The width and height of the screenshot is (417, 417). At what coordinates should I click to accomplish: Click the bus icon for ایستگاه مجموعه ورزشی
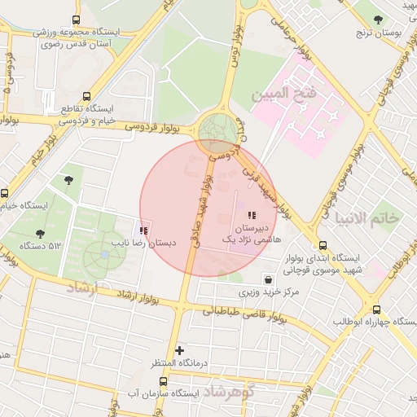pyautogui.click(x=76, y=20)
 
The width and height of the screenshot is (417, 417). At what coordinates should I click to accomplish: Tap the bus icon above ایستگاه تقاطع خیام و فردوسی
pyautogui.click(x=76, y=95)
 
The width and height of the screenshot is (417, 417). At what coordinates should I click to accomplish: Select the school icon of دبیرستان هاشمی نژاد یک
pyautogui.click(x=251, y=216)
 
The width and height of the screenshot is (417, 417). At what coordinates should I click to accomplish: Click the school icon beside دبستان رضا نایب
pyautogui.click(x=144, y=231)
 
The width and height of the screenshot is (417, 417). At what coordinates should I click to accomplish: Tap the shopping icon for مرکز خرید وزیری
pyautogui.click(x=268, y=279)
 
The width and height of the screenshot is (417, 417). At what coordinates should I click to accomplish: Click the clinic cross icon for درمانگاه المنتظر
pyautogui.click(x=180, y=350)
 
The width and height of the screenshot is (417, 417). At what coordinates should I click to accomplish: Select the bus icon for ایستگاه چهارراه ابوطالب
pyautogui.click(x=375, y=309)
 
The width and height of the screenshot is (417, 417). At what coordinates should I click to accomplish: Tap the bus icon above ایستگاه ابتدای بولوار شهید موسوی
pyautogui.click(x=323, y=244)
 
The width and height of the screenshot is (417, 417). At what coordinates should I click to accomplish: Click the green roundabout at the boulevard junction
pyautogui.click(x=217, y=130)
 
